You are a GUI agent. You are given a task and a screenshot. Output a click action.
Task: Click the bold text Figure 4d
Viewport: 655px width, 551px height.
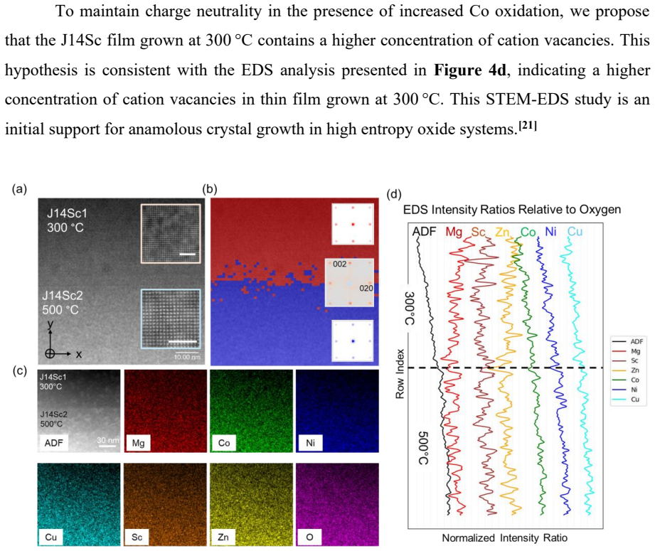coord(470,70)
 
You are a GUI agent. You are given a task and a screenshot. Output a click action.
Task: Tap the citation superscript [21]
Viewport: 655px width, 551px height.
coord(527,125)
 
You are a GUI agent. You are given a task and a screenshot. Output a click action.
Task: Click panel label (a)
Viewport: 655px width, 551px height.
coord(20,189)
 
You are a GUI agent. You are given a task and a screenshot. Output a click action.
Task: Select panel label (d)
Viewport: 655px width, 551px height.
coord(394,194)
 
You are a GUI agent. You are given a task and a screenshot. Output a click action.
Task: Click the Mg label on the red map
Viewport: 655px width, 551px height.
coord(138,443)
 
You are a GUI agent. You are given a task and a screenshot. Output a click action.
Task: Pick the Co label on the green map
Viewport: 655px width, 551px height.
coord(224,443)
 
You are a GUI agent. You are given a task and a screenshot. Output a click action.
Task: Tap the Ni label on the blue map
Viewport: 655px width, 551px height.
coord(310,443)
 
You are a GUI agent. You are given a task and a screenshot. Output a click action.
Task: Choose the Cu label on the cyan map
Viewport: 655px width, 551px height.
coord(51,537)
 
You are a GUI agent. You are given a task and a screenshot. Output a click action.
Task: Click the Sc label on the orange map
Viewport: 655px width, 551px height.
coord(137,537)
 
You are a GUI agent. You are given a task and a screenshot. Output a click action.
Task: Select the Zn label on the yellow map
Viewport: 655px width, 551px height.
coord(223,537)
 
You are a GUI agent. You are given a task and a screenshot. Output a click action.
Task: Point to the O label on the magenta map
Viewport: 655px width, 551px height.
coord(309,537)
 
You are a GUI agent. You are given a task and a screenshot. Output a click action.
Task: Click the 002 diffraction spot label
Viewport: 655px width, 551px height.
coord(340,264)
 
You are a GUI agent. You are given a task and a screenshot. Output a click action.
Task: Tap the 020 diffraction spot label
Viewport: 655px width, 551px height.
coord(366,288)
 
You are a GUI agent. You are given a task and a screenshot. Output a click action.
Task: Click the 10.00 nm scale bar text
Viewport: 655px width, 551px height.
coord(187,357)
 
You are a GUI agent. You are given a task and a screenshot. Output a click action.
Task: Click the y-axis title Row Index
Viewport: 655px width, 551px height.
coord(400,374)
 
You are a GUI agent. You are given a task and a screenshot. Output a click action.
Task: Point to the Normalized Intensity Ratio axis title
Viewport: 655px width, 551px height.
coord(505,538)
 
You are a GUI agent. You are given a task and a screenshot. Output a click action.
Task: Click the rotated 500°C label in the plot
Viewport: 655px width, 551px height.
coord(423,448)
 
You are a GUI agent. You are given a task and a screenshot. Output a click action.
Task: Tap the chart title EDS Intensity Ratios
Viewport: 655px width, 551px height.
coord(512,209)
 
